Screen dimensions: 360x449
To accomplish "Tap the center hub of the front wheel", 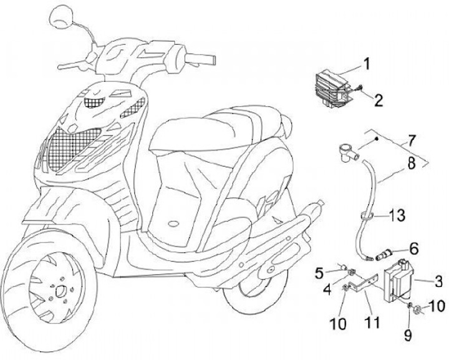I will click(60, 290).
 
